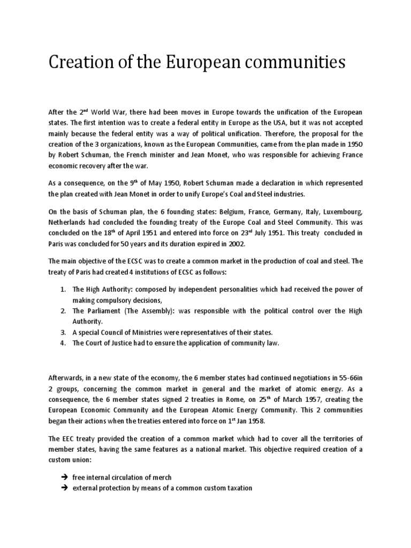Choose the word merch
[x=161, y=477]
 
